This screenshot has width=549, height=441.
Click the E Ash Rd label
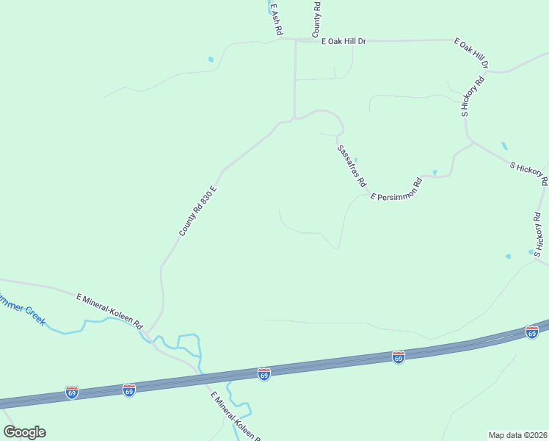click(x=276, y=20)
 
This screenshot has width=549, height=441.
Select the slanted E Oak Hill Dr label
click(x=471, y=54)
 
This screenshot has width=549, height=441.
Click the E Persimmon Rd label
click(x=397, y=190)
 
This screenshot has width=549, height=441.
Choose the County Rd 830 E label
click(x=200, y=211)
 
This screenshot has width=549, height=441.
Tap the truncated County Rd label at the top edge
click(x=317, y=19)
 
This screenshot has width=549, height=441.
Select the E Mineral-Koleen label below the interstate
click(x=234, y=417)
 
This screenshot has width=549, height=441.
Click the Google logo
click(x=24, y=432)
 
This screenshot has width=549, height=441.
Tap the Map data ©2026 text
click(x=518, y=434)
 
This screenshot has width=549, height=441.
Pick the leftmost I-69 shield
click(x=71, y=392)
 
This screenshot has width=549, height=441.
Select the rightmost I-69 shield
click(x=532, y=333)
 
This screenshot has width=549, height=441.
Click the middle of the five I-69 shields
click(x=264, y=374)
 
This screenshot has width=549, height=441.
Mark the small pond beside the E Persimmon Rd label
click(x=435, y=173)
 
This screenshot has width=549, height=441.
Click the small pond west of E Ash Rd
click(x=211, y=60)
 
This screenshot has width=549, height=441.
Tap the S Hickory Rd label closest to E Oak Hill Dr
click(x=474, y=96)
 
